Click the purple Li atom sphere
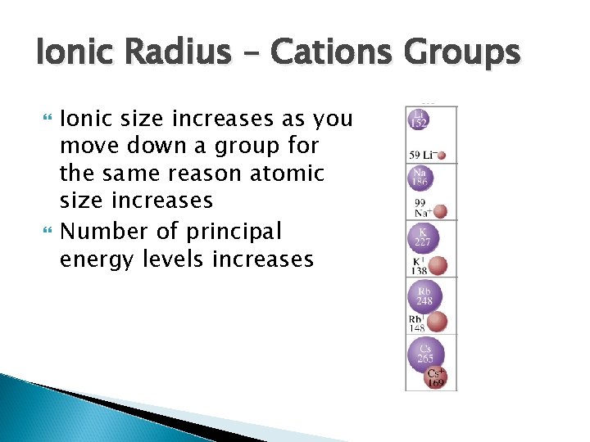click(x=419, y=120)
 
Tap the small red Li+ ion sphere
click(x=442, y=155)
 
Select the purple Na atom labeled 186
click(x=420, y=178)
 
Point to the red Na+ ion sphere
click(x=441, y=211)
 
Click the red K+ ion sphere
click(x=438, y=264)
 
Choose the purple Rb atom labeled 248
click(x=424, y=296)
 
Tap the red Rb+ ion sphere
click(x=438, y=321)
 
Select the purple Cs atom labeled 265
click(x=425, y=354)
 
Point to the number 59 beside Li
click(x=415, y=155)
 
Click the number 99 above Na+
click(x=420, y=201)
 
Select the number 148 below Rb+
click(x=418, y=329)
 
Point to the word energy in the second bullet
click(x=103, y=260)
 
